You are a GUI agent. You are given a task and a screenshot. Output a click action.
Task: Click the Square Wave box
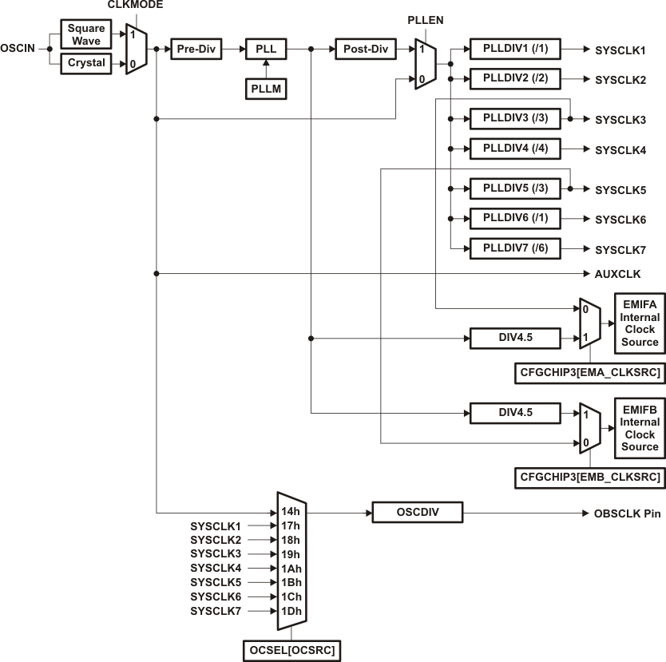pos(86,34)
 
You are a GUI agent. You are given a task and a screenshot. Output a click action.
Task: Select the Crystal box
pos(86,63)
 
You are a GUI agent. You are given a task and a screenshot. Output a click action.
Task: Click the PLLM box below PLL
pos(265,89)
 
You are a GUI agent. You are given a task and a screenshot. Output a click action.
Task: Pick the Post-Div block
pos(366,50)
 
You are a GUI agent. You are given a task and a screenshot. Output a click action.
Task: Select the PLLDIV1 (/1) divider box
pos(515,50)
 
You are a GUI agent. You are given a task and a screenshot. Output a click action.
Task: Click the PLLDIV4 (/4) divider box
pos(515,149)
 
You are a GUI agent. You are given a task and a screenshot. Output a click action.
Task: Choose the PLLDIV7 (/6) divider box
pos(515,248)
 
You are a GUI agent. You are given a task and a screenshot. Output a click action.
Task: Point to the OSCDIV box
pos(417,512)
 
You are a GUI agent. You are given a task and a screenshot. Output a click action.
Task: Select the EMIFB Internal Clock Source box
pos(639,428)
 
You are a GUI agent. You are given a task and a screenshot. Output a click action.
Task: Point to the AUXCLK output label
pos(618,274)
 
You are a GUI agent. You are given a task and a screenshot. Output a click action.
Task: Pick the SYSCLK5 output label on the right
pos(620,190)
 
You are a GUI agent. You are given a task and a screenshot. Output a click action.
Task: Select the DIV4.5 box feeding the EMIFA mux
pos(514,338)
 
